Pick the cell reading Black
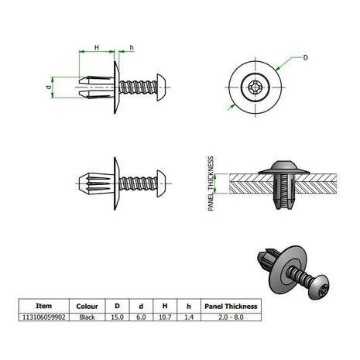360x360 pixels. tap(88, 316)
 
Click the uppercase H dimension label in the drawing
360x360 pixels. tap(96, 48)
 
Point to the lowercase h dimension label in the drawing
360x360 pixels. tap(131, 48)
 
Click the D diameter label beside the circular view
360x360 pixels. tap(306, 57)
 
